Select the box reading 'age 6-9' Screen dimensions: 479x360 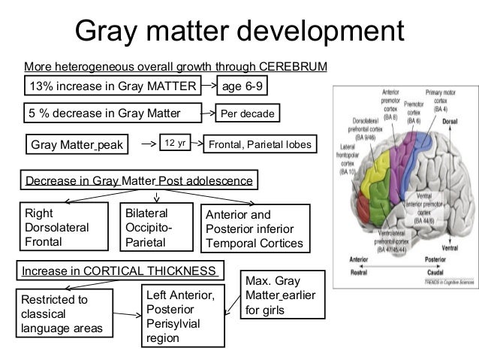coord(243,86)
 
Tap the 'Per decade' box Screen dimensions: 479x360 coord(246,115)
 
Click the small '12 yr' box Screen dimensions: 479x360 coord(175,141)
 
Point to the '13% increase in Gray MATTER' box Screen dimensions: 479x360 coord(112,86)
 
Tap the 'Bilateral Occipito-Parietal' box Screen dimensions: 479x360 coord(155,226)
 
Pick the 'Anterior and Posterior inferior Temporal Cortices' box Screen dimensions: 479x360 coord(255,228)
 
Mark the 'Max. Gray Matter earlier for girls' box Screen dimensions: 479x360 coord(276,295)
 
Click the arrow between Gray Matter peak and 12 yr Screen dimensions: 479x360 coord(146,142)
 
